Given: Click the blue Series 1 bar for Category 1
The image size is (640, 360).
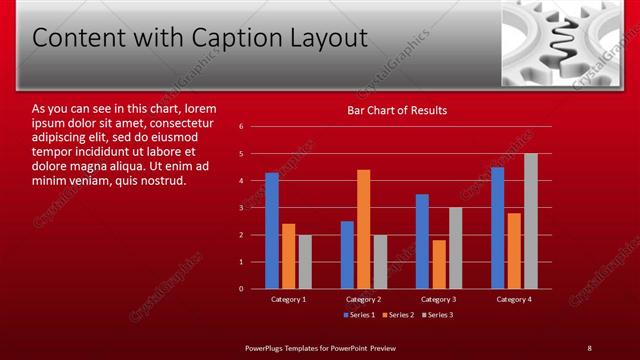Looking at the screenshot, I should pos(272,230).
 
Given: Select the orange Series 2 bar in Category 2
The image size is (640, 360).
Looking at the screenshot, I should pos(363,229).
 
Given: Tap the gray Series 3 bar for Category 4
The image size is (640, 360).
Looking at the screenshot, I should pos(530,221).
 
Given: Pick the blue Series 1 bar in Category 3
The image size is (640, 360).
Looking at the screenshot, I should pos(422,241).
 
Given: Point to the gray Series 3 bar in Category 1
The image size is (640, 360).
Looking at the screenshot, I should pos(305,262).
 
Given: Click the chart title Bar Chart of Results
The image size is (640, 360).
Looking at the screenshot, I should pos(397,110).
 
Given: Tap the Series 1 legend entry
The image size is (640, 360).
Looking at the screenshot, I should pos(360,315).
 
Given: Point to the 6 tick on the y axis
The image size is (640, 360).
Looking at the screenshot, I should pos(242,127).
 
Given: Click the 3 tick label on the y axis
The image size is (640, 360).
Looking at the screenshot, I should pos(242,208).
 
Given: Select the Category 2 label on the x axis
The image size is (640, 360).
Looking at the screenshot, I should pos(363,299).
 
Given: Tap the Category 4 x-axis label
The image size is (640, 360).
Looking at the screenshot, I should pos(513,299).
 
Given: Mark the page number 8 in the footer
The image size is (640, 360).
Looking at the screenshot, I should pos(589,347).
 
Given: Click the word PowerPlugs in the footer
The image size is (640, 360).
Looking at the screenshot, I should pos(267,347).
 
